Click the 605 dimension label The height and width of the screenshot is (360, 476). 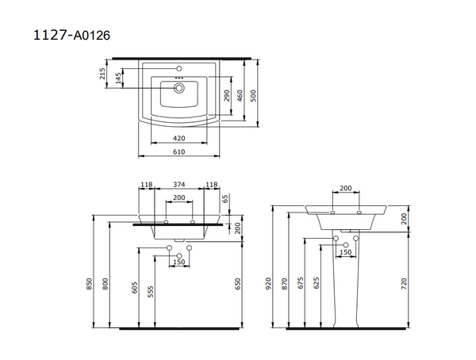136,291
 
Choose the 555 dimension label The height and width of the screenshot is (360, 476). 151,291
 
